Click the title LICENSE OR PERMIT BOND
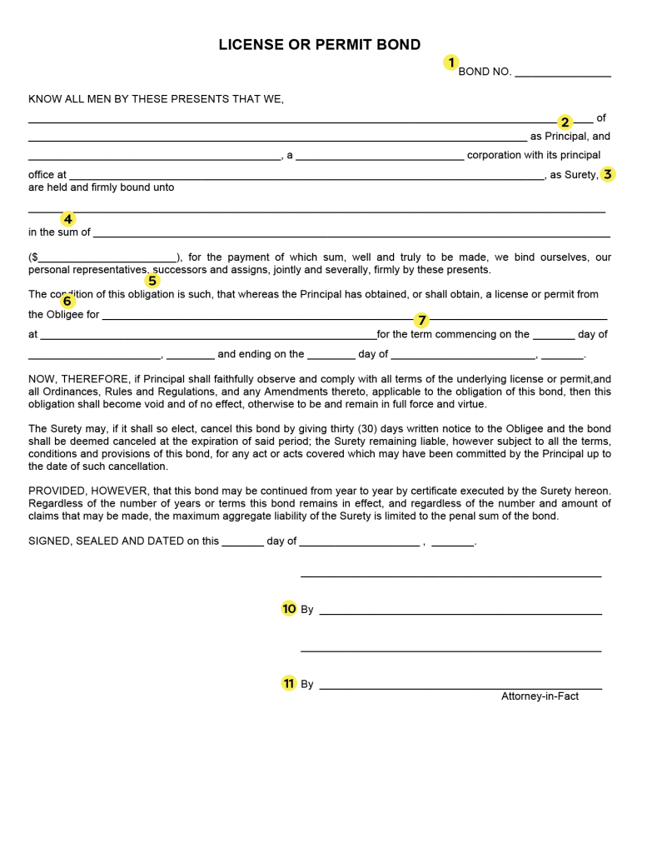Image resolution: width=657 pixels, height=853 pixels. coord(320,45)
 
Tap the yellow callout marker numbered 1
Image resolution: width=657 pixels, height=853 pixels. coord(450,62)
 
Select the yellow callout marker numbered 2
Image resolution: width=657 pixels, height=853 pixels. coord(565,122)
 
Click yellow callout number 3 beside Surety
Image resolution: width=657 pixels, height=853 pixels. coord(608,174)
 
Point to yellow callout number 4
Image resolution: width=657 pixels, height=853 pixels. coord(67,219)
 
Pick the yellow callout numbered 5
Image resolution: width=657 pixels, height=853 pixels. coord(152,281)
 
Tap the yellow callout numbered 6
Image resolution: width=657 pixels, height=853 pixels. coord(67,301)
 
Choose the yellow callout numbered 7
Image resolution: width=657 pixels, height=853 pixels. coord(421,320)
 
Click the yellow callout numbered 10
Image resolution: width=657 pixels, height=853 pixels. coord(289,609)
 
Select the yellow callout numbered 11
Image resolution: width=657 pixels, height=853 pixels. coord(289,683)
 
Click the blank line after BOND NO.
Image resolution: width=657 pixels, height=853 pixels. coord(562,73)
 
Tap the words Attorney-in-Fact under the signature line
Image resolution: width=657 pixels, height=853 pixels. coord(540,696)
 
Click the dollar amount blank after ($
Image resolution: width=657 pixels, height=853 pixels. coord(107,259)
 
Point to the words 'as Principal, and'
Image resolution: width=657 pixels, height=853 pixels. coord(570,137)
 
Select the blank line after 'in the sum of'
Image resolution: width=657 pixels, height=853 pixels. coord(350,234)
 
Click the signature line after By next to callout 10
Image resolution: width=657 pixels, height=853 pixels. coord(460,611)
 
